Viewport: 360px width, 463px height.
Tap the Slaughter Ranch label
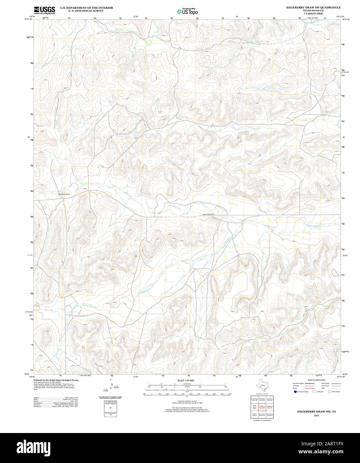point(64,194)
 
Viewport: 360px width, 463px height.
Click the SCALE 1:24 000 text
point(185,380)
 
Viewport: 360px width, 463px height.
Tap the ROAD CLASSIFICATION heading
point(316,380)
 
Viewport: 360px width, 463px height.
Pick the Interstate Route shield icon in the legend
point(295,392)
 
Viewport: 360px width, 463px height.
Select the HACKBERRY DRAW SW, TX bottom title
point(316,412)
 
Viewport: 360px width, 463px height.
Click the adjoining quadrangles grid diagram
point(262,407)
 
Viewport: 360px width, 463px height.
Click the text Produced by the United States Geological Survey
point(56,380)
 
